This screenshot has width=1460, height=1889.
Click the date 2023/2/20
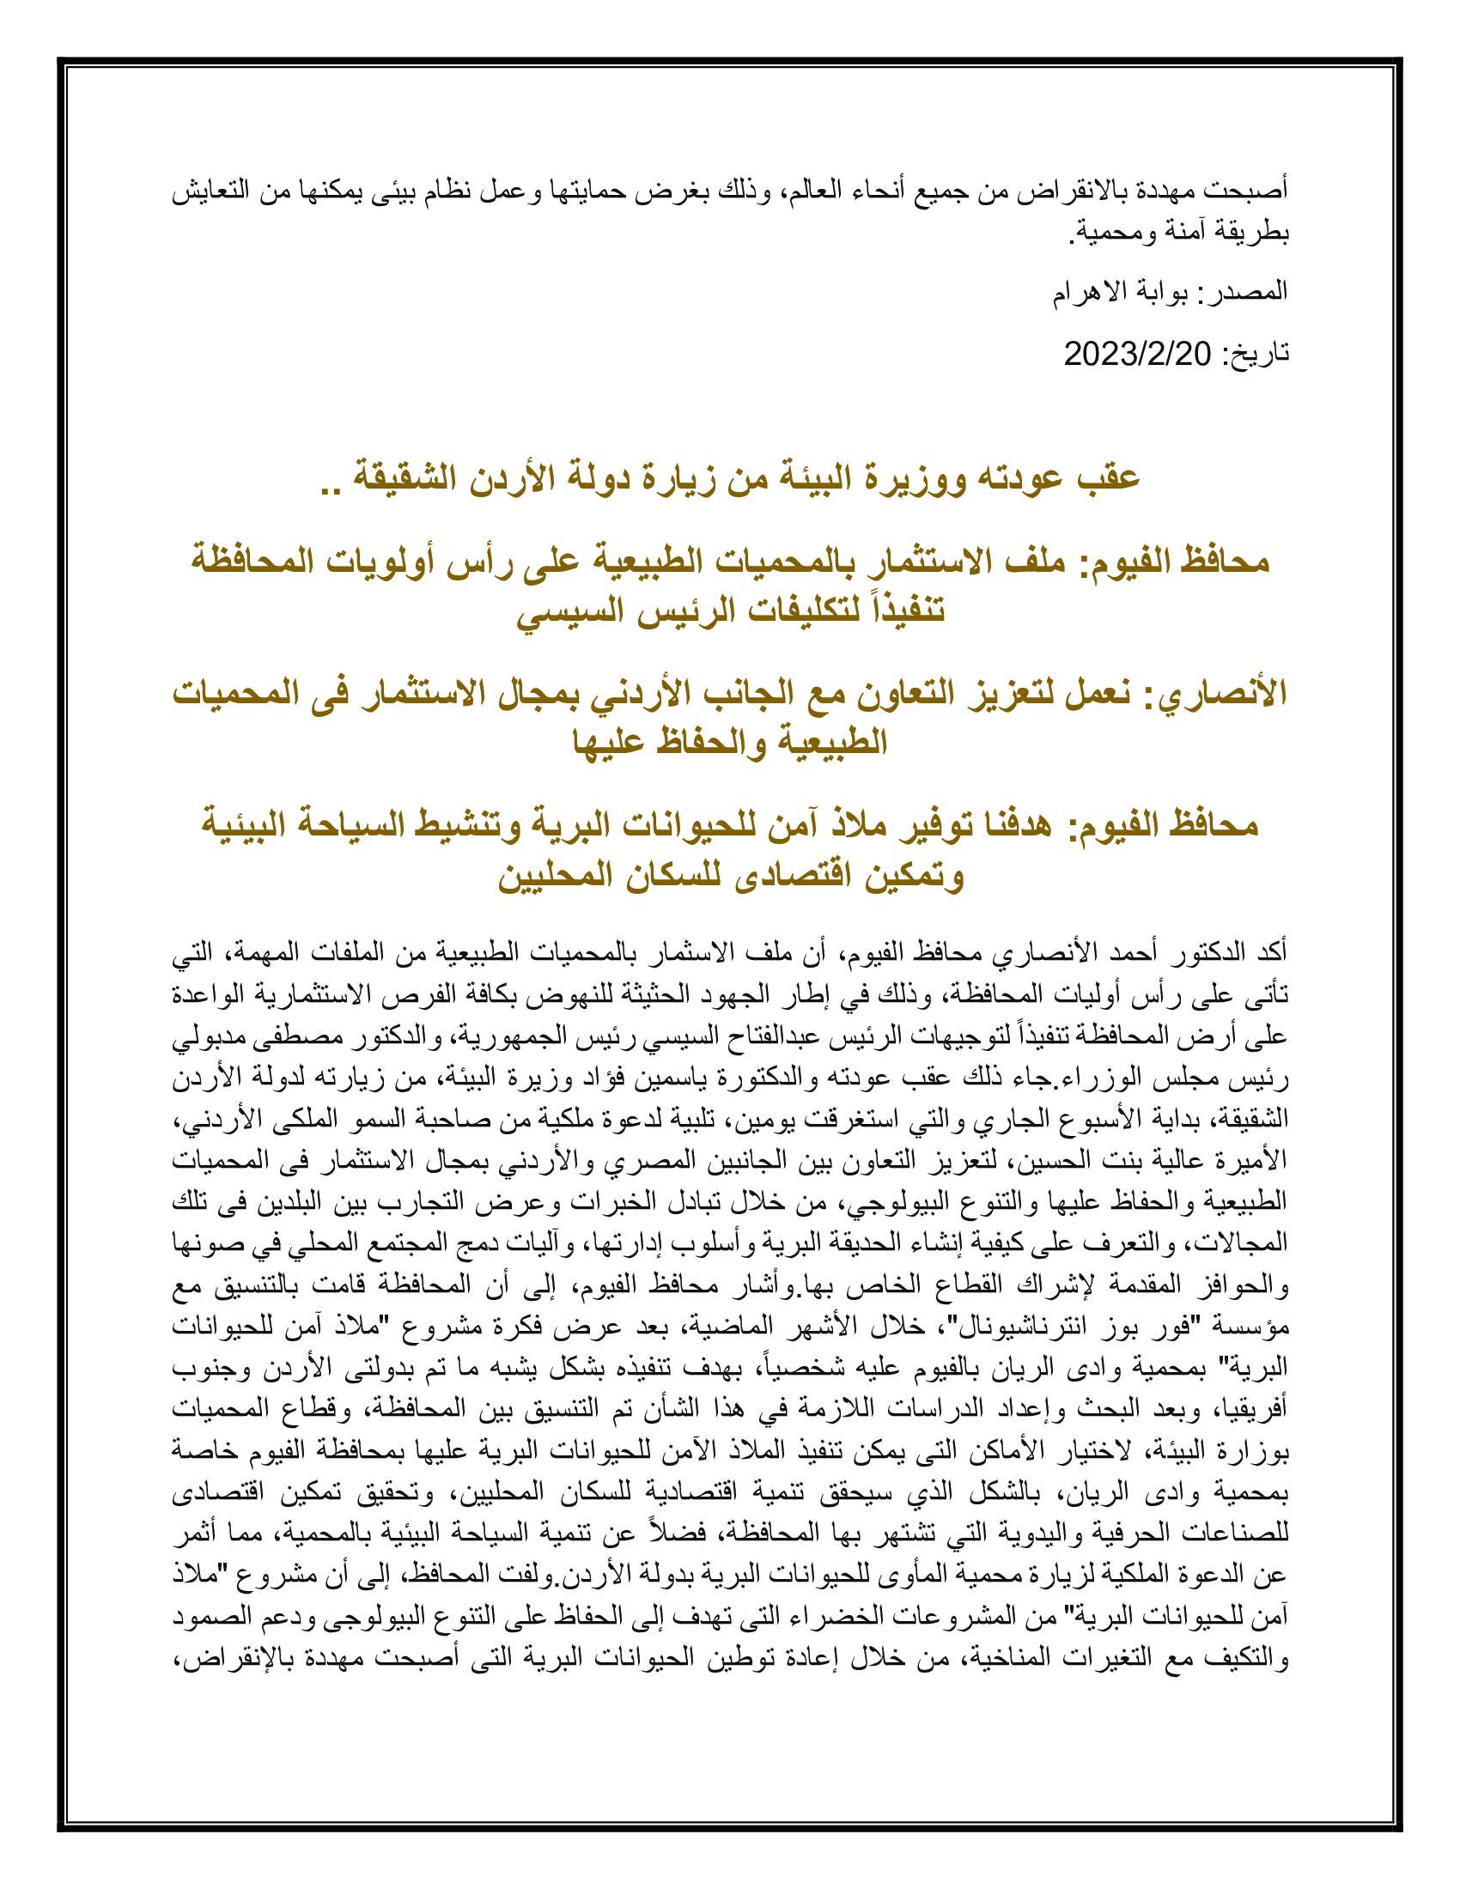[x=1136, y=354]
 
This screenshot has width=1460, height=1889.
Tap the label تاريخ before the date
[x=1254, y=354]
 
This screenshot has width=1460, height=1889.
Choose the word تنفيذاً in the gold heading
[x=904, y=611]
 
